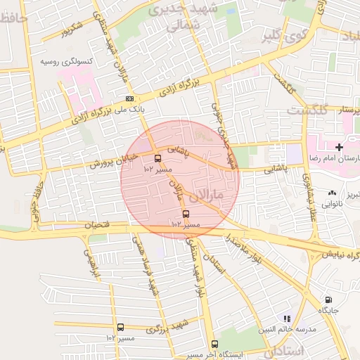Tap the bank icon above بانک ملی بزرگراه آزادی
(x=129, y=99)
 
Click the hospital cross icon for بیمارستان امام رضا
(x=340, y=147)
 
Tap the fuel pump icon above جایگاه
(x=329, y=300)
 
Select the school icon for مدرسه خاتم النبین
(x=286, y=319)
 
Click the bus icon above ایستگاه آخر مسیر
(x=214, y=345)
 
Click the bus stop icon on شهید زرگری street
(x=120, y=327)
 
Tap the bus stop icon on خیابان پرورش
(x=157, y=158)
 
